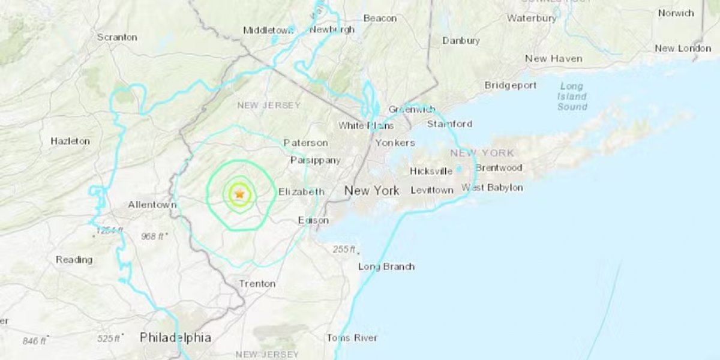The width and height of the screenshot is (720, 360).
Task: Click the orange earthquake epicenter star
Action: pyautogui.click(x=240, y=194)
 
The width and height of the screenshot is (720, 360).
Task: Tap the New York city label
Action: pyautogui.click(x=371, y=191)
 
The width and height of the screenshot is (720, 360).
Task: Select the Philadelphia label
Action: pyautogui.click(x=175, y=338)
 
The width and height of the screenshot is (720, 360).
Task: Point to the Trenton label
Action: pyautogui.click(x=257, y=283)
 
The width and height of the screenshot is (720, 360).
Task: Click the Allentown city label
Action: pyautogui.click(x=152, y=205)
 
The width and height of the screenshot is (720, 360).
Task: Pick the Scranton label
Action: pyautogui.click(x=117, y=37)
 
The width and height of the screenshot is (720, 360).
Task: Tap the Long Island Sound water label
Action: pyautogui.click(x=572, y=97)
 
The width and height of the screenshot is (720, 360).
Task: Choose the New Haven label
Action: pyautogui.click(x=553, y=59)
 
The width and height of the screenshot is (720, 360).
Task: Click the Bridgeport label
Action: pyautogui.click(x=511, y=85)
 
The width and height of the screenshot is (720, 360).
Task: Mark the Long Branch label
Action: pyautogui.click(x=386, y=266)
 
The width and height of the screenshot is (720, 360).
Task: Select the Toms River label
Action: pyautogui.click(x=352, y=338)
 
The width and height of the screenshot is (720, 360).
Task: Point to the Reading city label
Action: pyautogui.click(x=74, y=260)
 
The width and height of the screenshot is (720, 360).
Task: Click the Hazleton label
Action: pyautogui.click(x=70, y=141)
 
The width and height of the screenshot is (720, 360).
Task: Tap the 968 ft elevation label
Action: pyautogui.click(x=153, y=236)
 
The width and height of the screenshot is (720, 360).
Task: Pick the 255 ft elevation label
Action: pyautogui.click(x=344, y=250)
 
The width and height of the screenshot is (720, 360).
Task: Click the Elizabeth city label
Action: pyautogui.click(x=301, y=192)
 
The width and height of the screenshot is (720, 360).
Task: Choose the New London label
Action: pyautogui.click(x=683, y=48)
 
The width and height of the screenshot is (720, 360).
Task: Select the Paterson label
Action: pyautogui.click(x=305, y=143)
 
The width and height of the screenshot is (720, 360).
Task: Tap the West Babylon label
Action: pyautogui.click(x=492, y=188)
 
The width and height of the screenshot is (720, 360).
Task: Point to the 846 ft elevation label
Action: pyautogui.click(x=35, y=341)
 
